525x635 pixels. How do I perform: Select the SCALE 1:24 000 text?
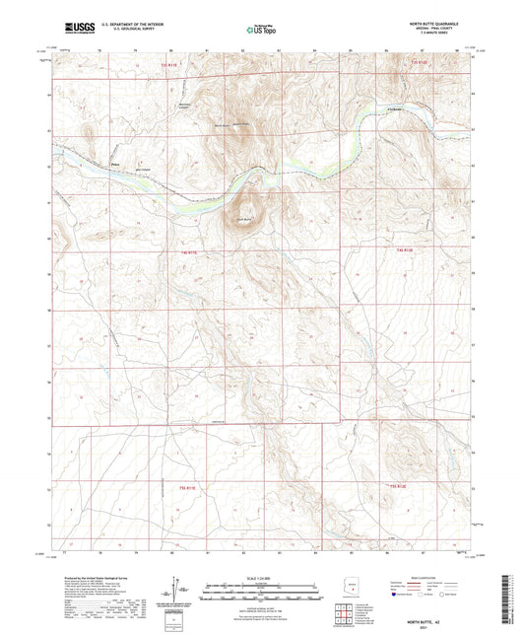pyautogui.click(x=261, y=577)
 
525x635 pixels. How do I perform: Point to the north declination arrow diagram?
pyautogui.click(x=178, y=591)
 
